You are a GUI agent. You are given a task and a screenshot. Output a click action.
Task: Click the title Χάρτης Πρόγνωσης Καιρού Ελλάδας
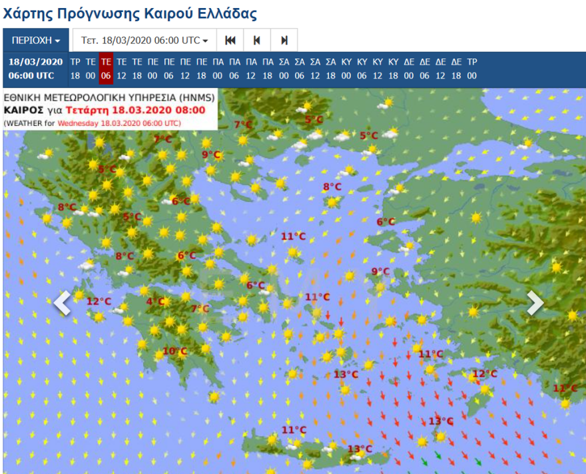point(130,13)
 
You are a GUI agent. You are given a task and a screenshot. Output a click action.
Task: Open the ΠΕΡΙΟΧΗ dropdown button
point(36,41)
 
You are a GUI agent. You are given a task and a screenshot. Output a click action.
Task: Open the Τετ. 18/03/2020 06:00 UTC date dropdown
point(145,41)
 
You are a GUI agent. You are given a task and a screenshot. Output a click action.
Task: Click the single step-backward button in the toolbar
point(256,41)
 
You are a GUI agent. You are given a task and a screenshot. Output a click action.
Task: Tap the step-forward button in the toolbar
point(284,41)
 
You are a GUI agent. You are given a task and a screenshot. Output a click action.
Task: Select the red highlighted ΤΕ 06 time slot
point(105,69)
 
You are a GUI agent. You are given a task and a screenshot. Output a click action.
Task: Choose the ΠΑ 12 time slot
point(250,69)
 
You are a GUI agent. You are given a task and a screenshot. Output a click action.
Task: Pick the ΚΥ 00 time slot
point(346,69)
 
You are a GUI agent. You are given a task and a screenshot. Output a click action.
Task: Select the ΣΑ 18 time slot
point(331,69)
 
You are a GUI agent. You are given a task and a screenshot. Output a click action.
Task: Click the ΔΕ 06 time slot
point(425,69)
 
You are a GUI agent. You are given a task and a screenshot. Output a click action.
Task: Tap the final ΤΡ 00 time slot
point(471,69)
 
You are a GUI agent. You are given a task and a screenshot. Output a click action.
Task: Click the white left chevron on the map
point(62,303)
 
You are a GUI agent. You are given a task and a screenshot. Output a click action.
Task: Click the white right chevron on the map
point(535,303)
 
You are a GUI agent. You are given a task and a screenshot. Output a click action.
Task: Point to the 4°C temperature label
point(156,302)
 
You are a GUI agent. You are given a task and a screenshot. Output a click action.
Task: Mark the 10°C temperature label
point(174,351)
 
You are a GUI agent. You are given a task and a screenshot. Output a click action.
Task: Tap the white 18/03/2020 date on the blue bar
point(36,62)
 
